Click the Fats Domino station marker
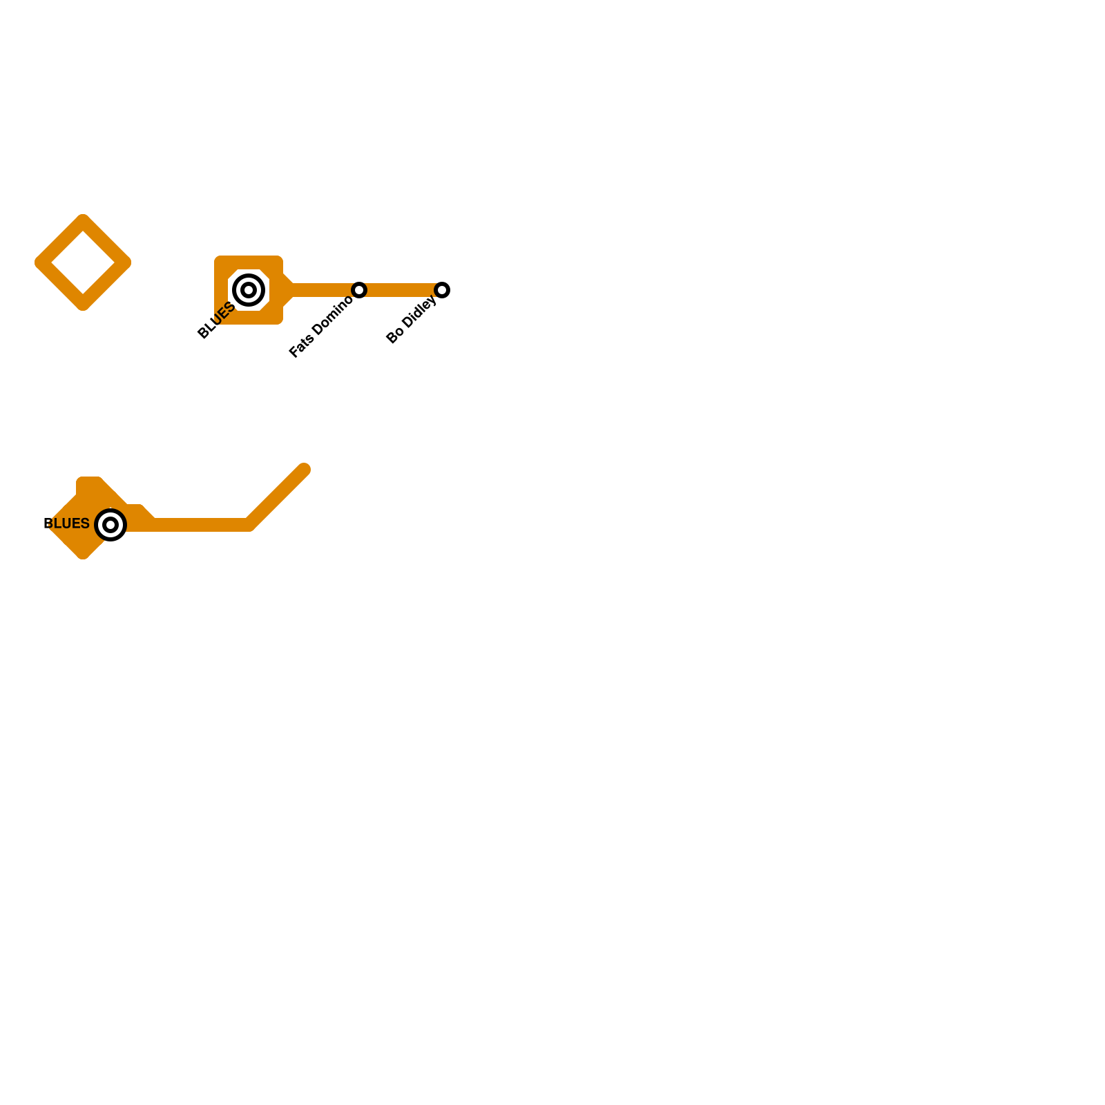[x=359, y=290]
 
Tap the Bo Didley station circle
[x=442, y=290]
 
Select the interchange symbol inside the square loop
[x=249, y=290]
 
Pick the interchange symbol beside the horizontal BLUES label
[x=110, y=525]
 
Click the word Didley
[x=419, y=313]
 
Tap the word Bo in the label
[x=395, y=336]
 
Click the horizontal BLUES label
[x=66, y=523]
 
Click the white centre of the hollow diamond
[x=83, y=262]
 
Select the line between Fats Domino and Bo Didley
[x=401, y=290]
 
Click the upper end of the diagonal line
[x=304, y=470]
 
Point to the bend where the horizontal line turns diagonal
[x=249, y=525]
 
